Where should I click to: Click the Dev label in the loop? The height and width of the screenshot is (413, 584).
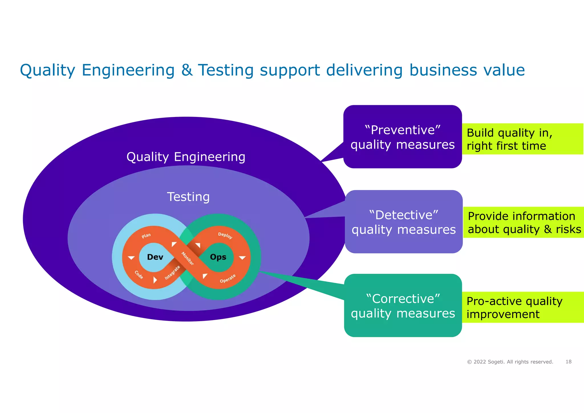155,257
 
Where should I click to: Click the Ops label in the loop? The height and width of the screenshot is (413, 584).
218,257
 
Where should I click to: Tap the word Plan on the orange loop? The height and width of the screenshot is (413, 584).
146,236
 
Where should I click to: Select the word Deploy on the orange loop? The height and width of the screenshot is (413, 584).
225,235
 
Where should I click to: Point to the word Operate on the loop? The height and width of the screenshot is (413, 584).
228,279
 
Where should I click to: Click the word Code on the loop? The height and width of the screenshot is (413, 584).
139,275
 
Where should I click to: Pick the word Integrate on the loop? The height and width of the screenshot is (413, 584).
172,272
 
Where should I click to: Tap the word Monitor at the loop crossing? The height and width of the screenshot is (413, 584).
188,258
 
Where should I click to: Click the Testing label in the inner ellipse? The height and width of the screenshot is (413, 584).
188,197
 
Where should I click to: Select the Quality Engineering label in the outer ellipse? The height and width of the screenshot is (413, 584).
186,157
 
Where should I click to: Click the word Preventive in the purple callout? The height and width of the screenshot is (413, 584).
403,130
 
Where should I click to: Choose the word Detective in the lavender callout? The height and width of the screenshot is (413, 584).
403,215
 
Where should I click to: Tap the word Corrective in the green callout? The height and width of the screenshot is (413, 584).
403,299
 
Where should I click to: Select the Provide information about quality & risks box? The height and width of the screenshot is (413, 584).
524,222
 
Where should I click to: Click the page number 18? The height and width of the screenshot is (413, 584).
568,362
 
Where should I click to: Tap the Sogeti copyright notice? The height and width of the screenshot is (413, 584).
510,362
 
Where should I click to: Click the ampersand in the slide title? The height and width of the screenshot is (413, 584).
187,70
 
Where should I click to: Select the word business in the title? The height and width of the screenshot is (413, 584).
443,70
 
